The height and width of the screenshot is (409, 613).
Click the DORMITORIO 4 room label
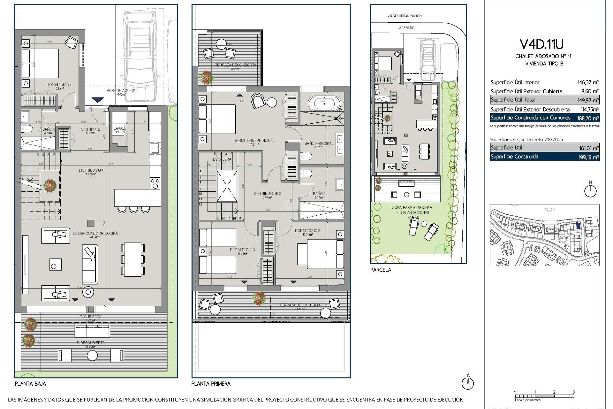click(x=59, y=85)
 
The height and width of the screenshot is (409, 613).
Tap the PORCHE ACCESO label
click(x=122, y=90)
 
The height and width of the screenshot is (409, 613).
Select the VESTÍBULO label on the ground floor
click(x=91, y=129)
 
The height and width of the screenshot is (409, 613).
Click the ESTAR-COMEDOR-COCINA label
click(x=95, y=233)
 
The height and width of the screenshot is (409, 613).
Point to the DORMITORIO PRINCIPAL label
click(x=254, y=140)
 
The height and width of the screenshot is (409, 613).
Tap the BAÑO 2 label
click(x=319, y=194)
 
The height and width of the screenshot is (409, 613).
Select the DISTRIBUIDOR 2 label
click(x=267, y=194)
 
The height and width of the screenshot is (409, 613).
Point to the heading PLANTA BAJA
click(x=30, y=383)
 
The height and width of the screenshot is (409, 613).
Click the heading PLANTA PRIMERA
click(x=211, y=383)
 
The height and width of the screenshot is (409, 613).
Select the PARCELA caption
click(x=381, y=270)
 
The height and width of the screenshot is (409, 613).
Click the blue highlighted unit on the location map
click(x=578, y=225)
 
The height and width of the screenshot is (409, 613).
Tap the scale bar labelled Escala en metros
click(x=544, y=396)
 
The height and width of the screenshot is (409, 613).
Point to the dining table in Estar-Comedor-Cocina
click(x=133, y=259)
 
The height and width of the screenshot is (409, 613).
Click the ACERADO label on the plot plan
click(x=407, y=28)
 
